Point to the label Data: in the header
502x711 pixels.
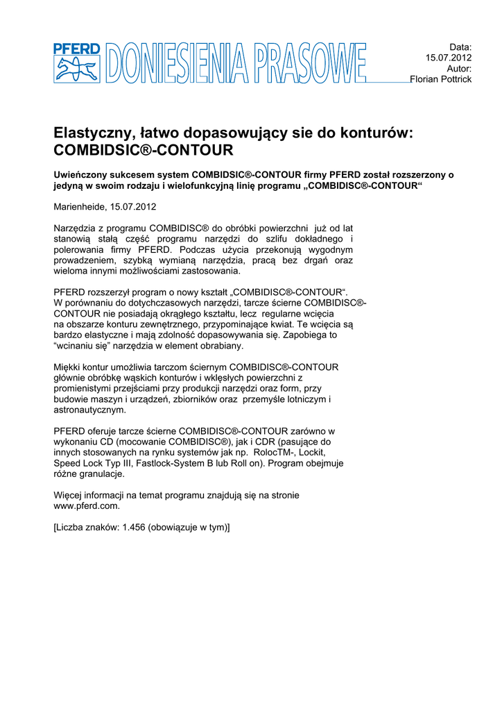[x=460, y=47]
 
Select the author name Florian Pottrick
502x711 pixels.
[x=441, y=80]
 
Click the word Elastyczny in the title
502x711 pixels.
[x=94, y=133]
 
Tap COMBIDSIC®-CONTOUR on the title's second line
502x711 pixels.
[x=144, y=151]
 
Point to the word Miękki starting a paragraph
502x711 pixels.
[x=69, y=367]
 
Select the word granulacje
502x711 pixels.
[x=101, y=474]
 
